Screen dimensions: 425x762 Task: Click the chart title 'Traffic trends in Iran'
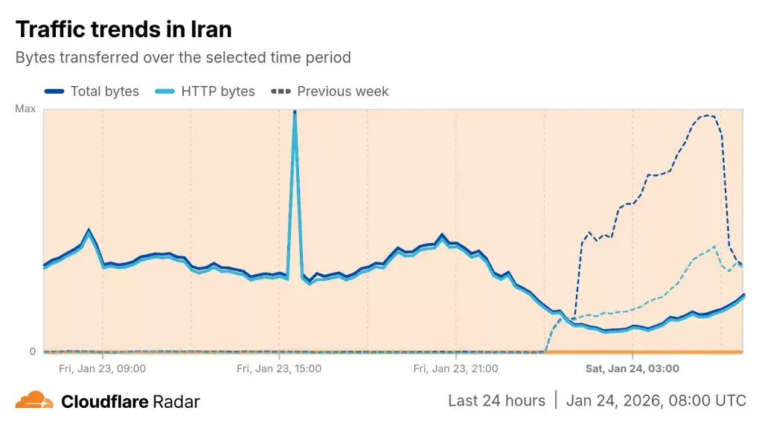click(124, 29)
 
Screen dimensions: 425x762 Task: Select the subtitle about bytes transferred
click(183, 57)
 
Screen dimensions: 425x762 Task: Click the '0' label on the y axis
click(32, 351)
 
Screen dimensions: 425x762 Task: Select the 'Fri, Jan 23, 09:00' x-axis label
click(102, 368)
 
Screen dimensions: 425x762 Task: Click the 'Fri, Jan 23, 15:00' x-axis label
click(278, 368)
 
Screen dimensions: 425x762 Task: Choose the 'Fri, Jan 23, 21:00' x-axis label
click(455, 368)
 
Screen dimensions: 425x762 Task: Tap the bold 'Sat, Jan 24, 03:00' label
click(632, 368)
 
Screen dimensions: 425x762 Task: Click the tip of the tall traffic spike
click(295, 112)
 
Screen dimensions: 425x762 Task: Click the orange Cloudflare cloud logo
click(34, 400)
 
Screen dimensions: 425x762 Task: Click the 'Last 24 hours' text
click(496, 400)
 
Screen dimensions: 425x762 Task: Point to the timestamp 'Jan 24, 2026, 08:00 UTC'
click(656, 400)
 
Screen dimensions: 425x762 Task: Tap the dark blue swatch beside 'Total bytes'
click(54, 91)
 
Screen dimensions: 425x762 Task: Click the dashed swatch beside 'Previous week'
click(281, 91)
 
